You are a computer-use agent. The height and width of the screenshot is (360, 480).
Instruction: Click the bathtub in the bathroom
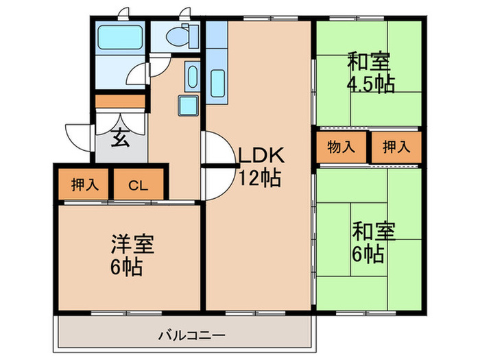(120, 38)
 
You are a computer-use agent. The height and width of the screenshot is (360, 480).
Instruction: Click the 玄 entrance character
(120, 138)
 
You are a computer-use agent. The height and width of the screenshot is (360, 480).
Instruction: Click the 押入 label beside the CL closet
(84, 184)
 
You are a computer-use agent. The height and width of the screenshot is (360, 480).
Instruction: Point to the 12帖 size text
(258, 178)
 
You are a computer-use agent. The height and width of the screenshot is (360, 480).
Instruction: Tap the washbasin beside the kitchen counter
(192, 77)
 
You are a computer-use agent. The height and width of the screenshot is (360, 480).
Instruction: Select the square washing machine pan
(189, 106)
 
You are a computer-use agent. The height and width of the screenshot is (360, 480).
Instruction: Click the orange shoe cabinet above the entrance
(121, 101)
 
